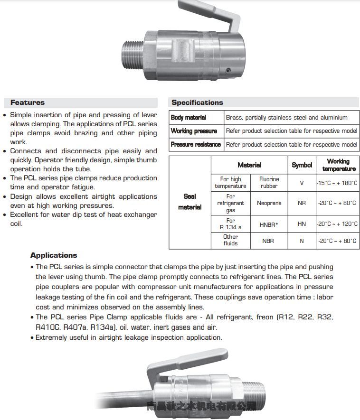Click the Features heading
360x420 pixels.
point(28,103)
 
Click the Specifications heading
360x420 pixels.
point(197,103)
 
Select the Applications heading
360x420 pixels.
point(54,255)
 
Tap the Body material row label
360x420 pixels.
point(189,118)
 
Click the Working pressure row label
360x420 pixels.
point(194,131)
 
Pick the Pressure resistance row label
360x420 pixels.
point(196,144)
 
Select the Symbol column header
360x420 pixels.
point(302,165)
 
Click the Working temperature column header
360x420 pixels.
point(338,165)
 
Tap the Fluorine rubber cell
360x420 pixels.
point(269,183)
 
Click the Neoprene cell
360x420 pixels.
point(269,203)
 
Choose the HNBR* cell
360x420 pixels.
point(269,224)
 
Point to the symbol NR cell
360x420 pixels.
point(302,203)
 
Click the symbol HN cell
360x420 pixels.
point(302,224)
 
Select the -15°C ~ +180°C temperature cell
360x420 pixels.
point(337,183)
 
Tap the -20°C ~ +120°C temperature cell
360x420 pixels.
point(337,224)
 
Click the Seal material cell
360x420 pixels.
point(190,202)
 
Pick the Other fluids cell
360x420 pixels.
point(230,240)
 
